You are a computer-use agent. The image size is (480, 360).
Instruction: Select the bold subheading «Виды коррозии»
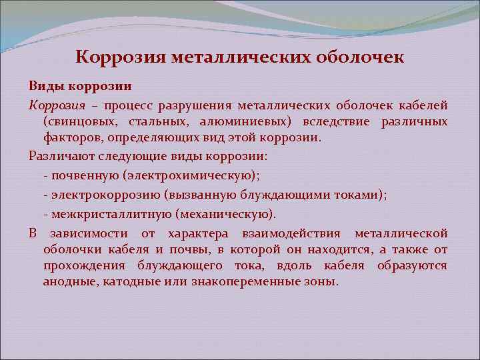coord(79,87)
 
